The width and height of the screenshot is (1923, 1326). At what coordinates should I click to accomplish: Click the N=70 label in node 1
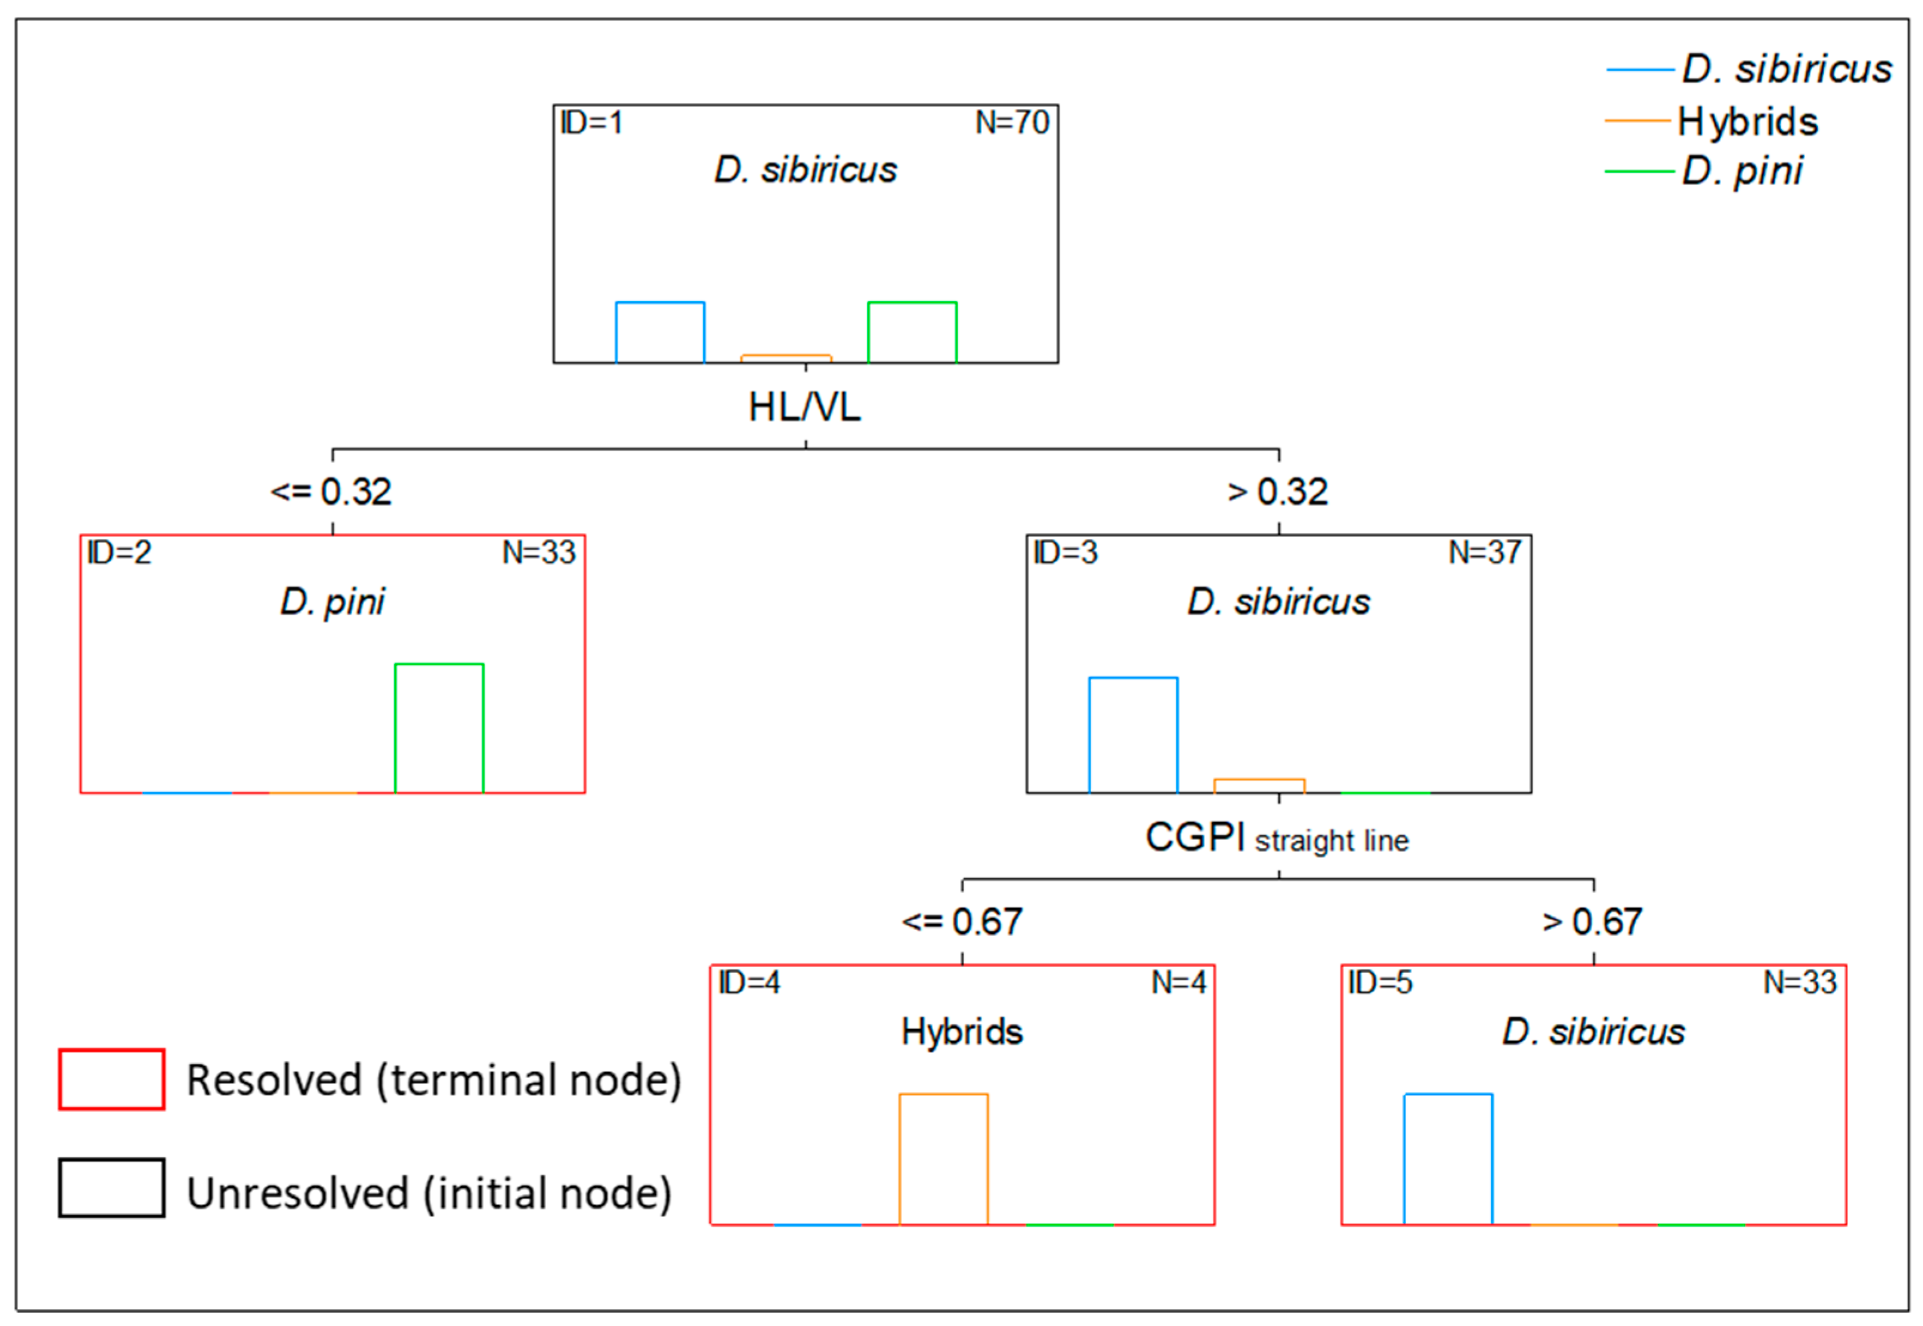tap(1012, 123)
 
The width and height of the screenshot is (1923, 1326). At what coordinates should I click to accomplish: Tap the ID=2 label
tap(120, 553)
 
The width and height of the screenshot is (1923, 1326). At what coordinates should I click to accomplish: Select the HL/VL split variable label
tap(804, 407)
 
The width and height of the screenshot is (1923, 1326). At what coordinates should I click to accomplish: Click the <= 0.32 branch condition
tap(331, 492)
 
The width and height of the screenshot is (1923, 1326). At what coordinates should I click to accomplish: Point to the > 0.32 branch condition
tap(1277, 492)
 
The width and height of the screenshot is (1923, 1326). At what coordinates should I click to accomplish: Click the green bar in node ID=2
tap(439, 728)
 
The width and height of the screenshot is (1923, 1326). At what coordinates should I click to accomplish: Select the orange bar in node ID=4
tap(943, 1158)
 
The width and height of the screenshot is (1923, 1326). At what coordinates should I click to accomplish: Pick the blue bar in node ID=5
tap(1447, 1158)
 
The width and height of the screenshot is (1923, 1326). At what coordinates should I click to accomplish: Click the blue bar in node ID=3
tap(1132, 735)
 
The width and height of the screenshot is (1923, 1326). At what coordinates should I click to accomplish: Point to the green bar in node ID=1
tap(911, 332)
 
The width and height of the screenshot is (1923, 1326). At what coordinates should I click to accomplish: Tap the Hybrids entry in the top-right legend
tap(1747, 122)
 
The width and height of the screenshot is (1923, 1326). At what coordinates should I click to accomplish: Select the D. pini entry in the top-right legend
tap(1741, 171)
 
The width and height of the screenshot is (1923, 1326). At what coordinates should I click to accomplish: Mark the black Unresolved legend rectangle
tap(111, 1188)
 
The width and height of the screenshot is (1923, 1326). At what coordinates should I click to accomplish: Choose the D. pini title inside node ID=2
tap(332, 602)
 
